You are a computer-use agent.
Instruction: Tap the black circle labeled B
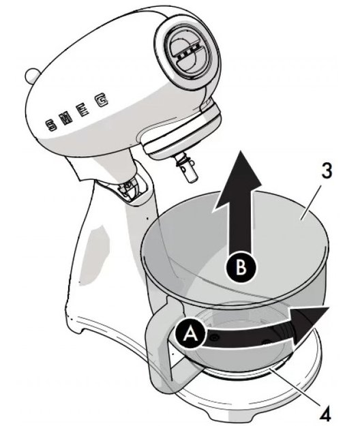[x=241, y=267]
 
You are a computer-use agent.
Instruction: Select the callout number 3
[x=327, y=170]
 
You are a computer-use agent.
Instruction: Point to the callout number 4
[x=325, y=414]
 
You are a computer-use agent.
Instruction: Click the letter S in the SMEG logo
[x=51, y=125]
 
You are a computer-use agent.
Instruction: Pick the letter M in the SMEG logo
[x=65, y=118]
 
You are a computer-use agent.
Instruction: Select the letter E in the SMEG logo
[x=83, y=110]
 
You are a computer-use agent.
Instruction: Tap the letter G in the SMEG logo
[x=101, y=100]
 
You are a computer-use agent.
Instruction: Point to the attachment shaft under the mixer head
[x=187, y=168]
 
